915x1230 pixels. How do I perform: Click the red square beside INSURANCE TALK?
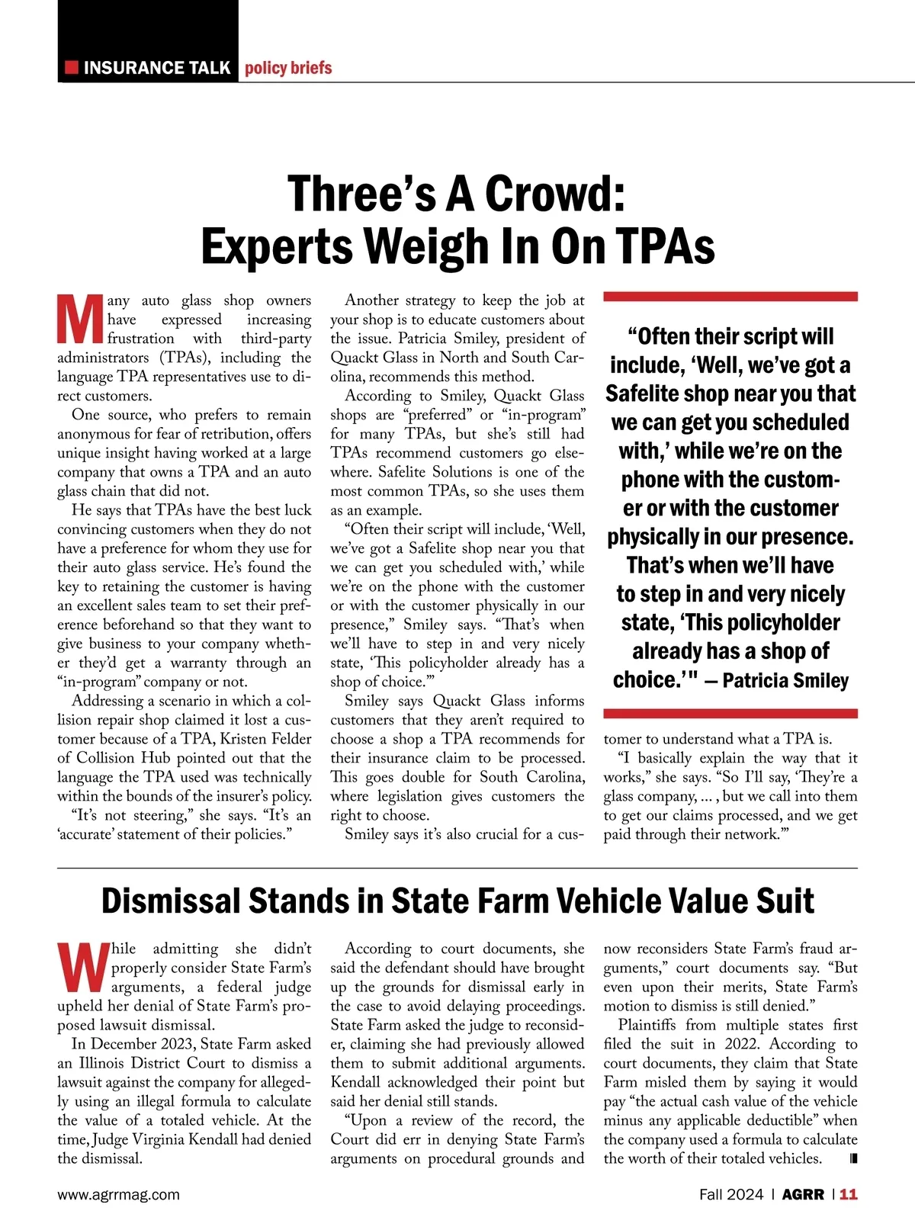[72, 68]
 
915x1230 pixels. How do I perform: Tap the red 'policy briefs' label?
[288, 68]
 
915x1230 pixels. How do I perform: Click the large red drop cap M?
[80, 320]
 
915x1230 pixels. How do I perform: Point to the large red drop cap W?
[82, 968]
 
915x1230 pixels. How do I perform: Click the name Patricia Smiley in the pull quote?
[785, 680]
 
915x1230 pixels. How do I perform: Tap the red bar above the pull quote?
[730, 296]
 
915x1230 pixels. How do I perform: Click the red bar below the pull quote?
[730, 714]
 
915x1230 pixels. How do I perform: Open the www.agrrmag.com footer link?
[118, 1195]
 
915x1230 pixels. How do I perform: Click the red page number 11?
[849, 1195]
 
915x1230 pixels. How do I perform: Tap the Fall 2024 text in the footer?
[730, 1195]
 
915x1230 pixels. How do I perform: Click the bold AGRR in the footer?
[804, 1195]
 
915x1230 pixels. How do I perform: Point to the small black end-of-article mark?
[852, 1159]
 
